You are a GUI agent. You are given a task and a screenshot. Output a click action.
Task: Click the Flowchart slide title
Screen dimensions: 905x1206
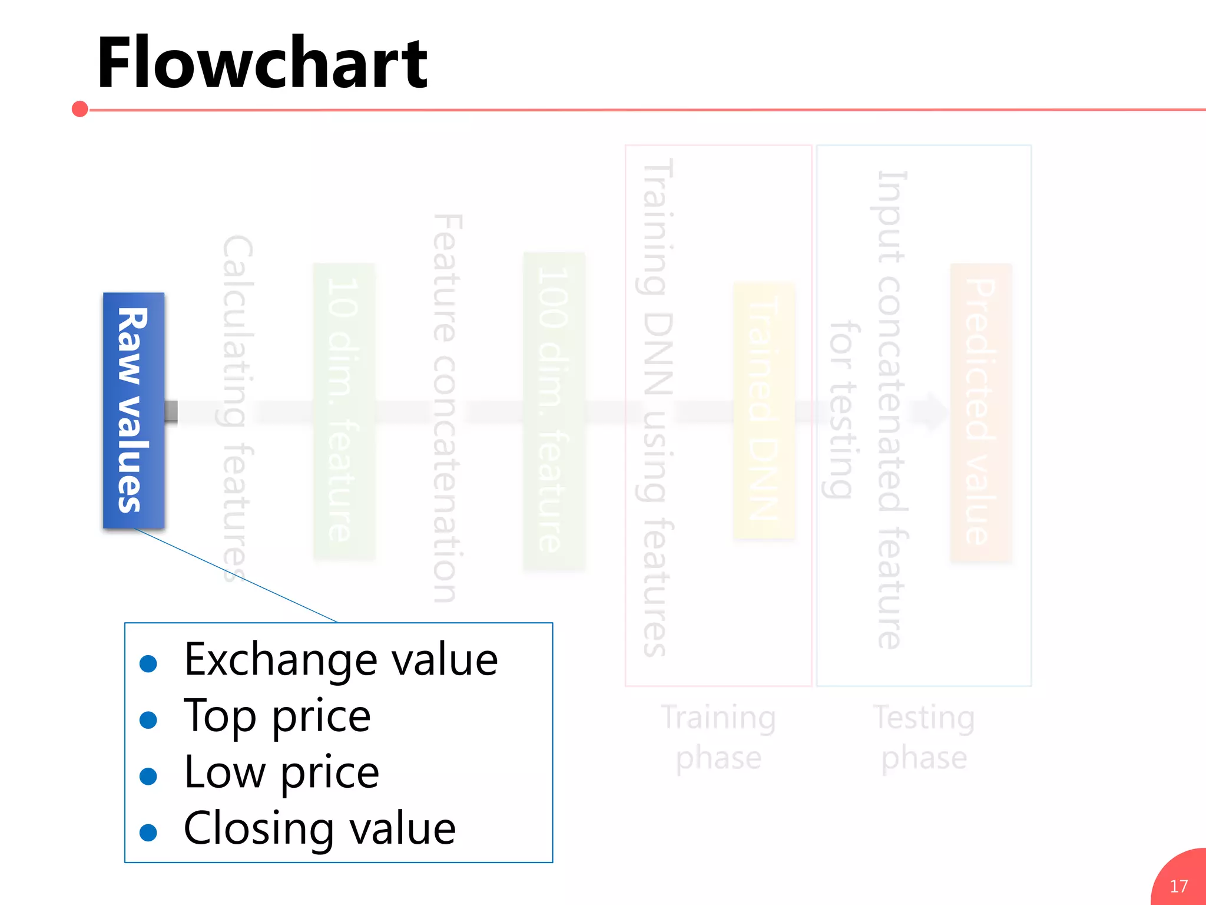coord(262,64)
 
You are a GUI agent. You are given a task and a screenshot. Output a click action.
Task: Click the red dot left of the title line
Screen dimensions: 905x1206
coord(80,109)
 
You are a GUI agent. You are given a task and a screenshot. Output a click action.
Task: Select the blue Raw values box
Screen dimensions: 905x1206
coord(134,410)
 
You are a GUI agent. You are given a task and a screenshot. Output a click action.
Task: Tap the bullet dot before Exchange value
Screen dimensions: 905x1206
coord(148,663)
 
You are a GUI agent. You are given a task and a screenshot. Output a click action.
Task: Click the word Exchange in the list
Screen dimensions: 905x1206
coord(280,660)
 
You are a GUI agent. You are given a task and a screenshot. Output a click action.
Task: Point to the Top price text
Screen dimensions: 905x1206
coord(277,716)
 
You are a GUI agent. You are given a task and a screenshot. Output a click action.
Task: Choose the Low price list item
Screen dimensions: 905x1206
coord(281,772)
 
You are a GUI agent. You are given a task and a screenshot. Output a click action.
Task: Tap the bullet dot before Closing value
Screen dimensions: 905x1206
coord(148,833)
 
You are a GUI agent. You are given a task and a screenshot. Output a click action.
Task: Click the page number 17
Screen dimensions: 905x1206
coord(1178,886)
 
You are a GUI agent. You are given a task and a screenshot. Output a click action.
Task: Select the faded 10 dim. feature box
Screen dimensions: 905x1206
coord(344,411)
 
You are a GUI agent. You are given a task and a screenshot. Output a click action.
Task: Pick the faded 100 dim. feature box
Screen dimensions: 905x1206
coord(554,411)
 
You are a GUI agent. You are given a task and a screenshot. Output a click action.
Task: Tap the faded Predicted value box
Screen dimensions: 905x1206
coord(981,412)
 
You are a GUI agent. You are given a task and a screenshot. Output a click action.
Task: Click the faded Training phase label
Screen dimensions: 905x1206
coord(718,737)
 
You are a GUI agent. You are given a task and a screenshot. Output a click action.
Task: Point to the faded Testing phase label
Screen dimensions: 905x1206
coord(924,737)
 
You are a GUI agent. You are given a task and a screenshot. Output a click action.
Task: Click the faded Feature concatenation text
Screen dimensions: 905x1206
coord(446,408)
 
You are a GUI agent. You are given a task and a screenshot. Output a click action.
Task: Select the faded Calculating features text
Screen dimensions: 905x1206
coord(238,408)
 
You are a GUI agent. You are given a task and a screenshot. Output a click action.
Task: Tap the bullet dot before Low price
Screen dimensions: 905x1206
coord(148,776)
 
